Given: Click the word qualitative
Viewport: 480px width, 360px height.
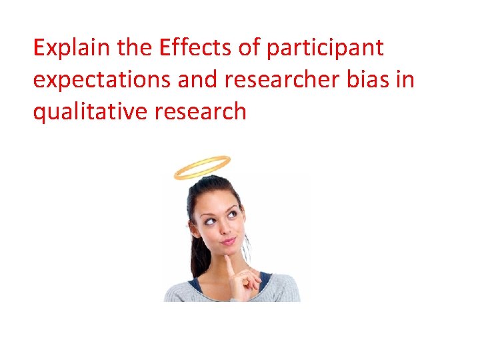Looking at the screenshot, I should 90,111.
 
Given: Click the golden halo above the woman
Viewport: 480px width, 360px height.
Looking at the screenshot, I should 201,167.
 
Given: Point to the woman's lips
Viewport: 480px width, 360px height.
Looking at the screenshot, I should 228,241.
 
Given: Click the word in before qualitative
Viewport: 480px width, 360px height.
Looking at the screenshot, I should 403,80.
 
